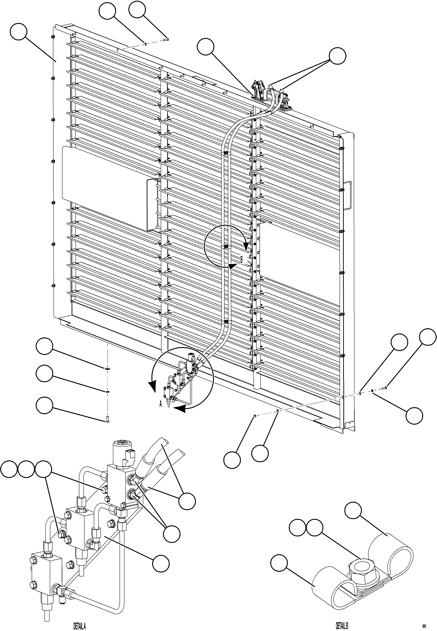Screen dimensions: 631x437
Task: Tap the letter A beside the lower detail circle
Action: coord(161,404)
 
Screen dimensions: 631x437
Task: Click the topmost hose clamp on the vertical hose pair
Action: coord(226,153)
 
